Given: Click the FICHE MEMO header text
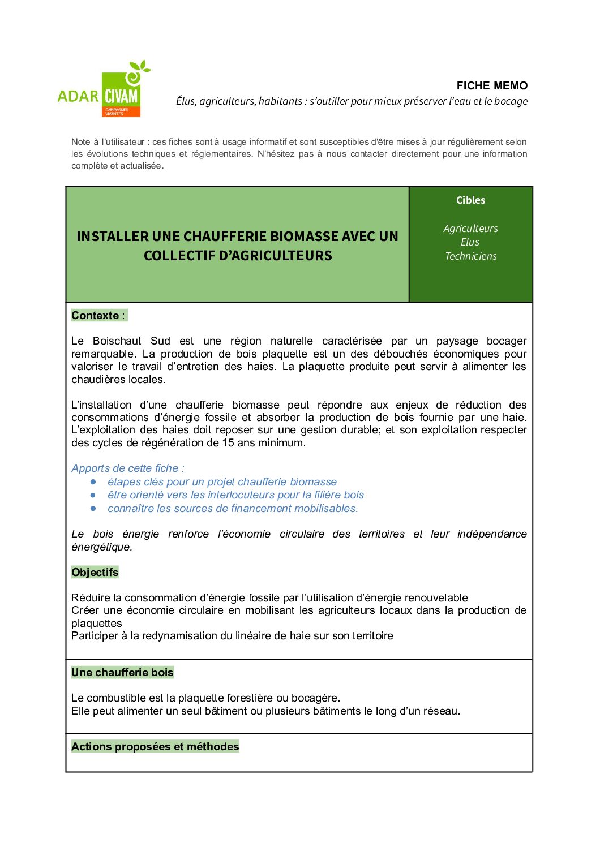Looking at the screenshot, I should (x=492, y=85).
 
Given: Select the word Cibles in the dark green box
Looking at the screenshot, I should (x=470, y=200).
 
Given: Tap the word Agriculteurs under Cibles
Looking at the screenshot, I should (x=470, y=229).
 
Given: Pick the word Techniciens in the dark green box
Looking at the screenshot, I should (x=470, y=256).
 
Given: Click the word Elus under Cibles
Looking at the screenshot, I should (x=470, y=242).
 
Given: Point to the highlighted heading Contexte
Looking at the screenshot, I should (x=96, y=316).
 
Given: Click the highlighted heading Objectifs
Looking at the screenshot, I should (x=95, y=573).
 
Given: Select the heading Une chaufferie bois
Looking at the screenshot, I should (x=122, y=673).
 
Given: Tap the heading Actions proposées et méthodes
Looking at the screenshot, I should (x=155, y=747).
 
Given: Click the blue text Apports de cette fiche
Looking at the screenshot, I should (x=127, y=468).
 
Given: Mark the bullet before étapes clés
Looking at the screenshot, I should (x=93, y=482).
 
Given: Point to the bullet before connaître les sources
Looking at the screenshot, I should (x=93, y=509).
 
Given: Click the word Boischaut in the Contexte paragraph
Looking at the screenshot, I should (x=117, y=341).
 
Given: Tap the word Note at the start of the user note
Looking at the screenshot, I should (x=80, y=142).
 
